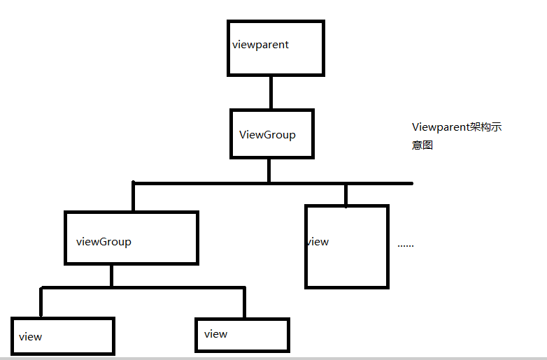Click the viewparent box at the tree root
276,48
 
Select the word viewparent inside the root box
260,45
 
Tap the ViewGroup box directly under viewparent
271,133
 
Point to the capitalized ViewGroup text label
267,135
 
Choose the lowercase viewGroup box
131,238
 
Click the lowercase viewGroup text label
104,242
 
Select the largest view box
346,246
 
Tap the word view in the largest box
318,242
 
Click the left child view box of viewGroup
62,336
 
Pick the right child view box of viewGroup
242,334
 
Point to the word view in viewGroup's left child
31,337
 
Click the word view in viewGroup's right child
215,334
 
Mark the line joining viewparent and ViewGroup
271,92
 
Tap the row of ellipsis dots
406,245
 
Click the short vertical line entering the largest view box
346,195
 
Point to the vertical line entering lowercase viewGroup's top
133,197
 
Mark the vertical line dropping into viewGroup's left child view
41,302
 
